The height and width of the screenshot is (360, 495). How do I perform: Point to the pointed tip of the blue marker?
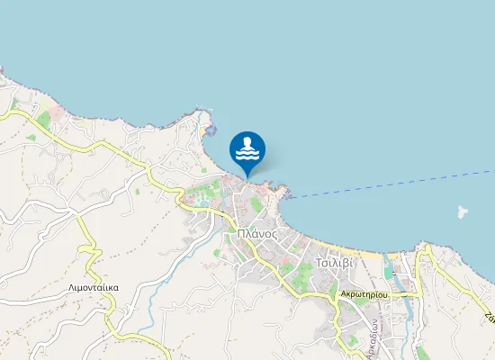(x=247, y=176)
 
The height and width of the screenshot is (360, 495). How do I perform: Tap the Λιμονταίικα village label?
(x=94, y=288)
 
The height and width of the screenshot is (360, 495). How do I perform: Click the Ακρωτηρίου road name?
(x=364, y=294)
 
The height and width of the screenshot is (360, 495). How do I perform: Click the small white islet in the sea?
(x=463, y=213)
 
